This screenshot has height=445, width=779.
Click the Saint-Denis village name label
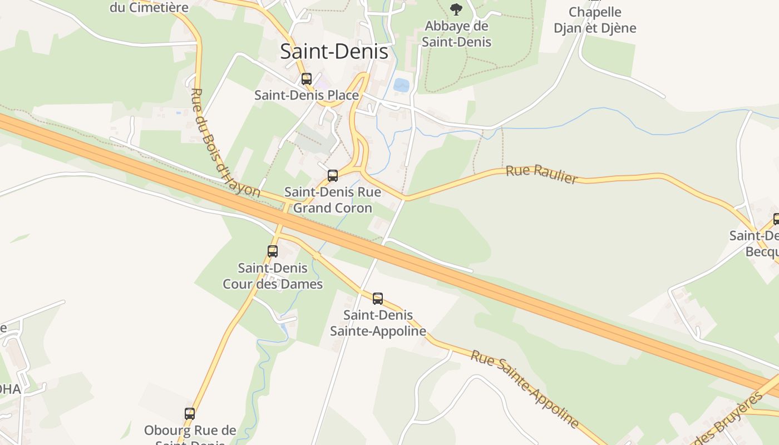point(334,52)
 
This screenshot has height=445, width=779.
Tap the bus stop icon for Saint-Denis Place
point(307,79)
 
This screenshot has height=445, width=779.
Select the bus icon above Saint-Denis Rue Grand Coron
point(333,176)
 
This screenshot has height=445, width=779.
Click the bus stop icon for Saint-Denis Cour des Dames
point(273,251)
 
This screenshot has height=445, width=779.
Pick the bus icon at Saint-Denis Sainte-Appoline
point(378,299)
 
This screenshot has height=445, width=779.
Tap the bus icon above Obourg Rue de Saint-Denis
point(190,414)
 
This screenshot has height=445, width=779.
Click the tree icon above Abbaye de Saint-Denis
point(456,9)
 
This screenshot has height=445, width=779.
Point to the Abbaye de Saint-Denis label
point(456,34)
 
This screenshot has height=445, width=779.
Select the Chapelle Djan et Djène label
point(595,20)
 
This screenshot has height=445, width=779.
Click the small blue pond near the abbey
point(401,85)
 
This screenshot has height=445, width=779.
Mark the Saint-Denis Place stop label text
point(307,95)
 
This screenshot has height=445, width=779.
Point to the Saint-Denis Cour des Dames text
point(273,276)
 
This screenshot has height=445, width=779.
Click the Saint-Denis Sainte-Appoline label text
point(378,323)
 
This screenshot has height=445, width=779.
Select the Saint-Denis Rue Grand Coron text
point(333,200)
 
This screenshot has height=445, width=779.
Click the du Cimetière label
point(149,7)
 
